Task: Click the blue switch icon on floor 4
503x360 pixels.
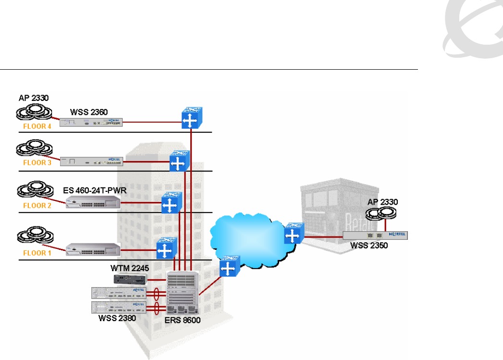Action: point(191,118)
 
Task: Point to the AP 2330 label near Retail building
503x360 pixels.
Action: point(383,202)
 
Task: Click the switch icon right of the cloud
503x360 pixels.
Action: point(292,234)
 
